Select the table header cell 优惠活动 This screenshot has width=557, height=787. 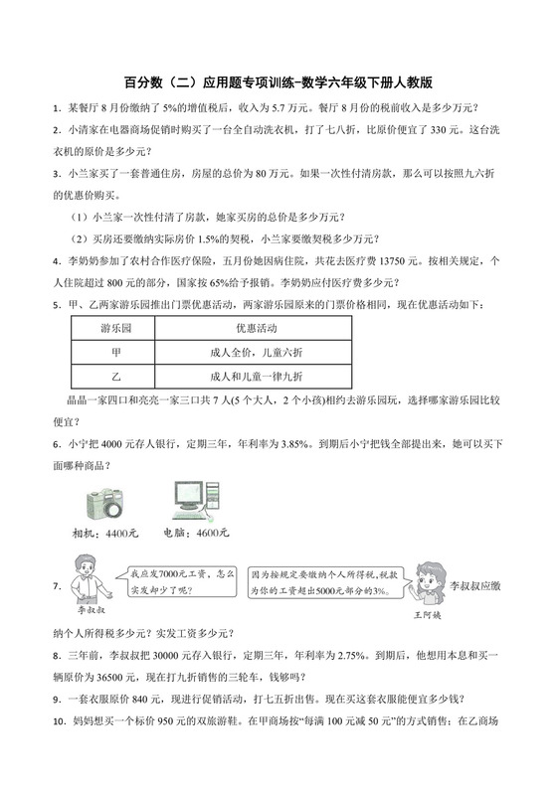pos(256,328)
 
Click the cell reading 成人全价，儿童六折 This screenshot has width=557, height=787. pos(256,352)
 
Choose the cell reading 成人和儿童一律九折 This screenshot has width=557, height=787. pos(256,377)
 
